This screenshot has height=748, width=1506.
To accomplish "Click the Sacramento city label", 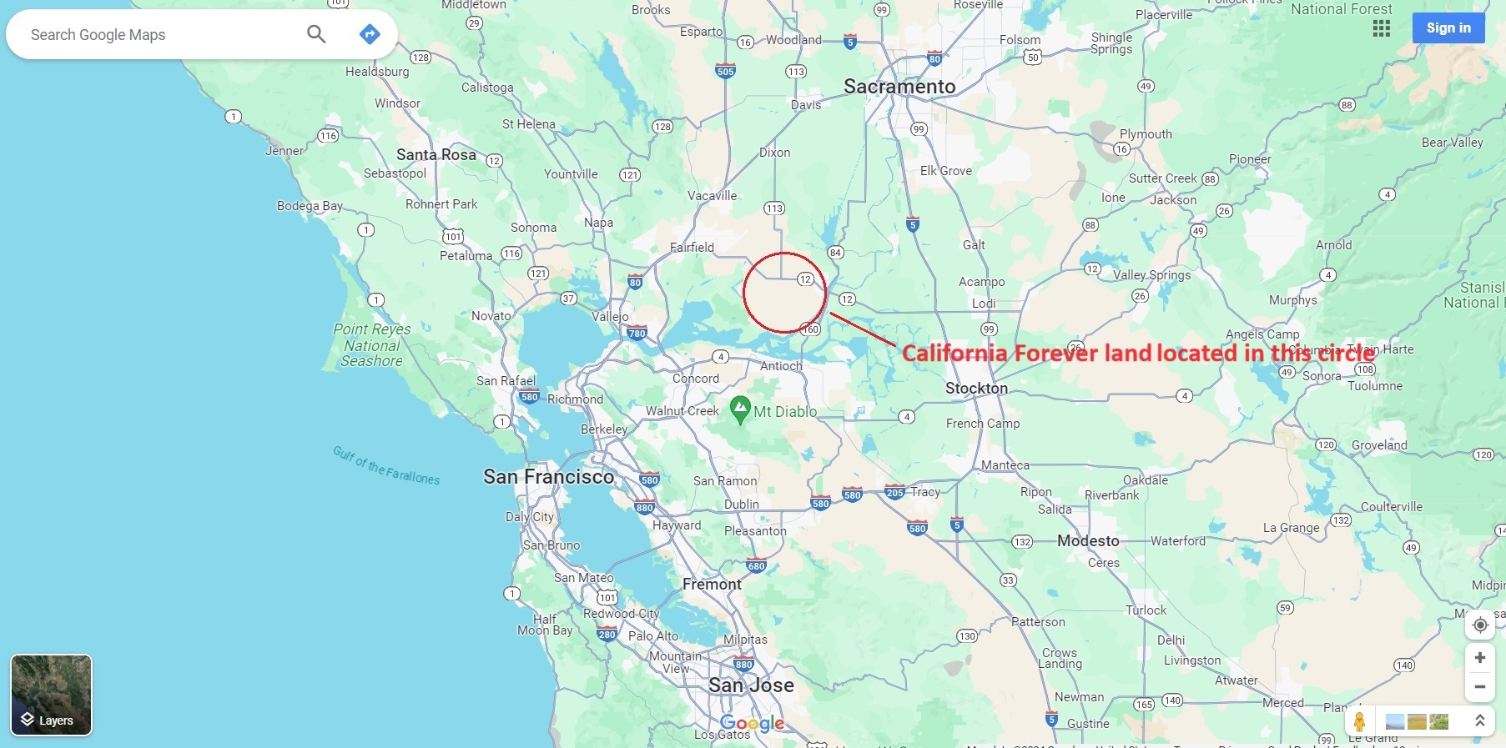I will (899, 87).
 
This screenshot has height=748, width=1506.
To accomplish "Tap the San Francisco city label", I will (548, 477).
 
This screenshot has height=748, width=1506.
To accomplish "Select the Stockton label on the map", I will (976, 389).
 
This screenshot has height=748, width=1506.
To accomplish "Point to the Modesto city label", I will (1088, 541).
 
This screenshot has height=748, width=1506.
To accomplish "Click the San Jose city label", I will (751, 685).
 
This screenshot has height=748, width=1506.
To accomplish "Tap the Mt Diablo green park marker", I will (740, 409).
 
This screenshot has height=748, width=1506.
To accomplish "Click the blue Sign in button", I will (1448, 28).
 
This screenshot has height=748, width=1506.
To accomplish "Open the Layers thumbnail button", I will (51, 695).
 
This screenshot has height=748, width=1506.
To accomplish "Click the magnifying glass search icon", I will (316, 34).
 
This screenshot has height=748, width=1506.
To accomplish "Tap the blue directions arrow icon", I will (370, 34).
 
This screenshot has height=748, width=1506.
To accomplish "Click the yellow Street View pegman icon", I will (1359, 721).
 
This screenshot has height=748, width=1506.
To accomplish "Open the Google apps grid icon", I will (1382, 28).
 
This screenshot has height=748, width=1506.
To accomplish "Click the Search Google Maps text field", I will (159, 35).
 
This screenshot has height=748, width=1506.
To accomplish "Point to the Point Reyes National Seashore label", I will (372, 345).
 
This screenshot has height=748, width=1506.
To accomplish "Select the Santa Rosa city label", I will (436, 155).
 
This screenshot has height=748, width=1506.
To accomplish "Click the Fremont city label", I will (712, 585).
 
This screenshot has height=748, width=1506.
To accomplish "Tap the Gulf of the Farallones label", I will (386, 465).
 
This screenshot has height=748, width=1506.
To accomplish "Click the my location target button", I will (1480, 625).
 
